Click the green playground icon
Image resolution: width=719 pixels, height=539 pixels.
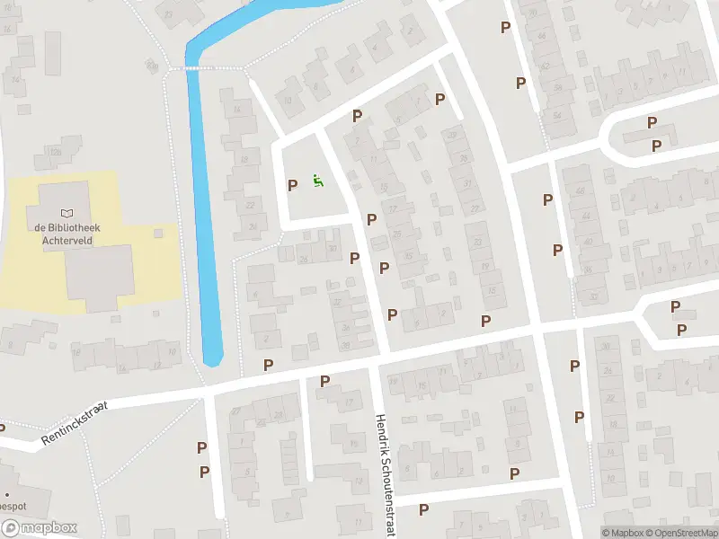click(316, 181)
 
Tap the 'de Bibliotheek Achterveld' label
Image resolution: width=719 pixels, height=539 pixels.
click(68, 234)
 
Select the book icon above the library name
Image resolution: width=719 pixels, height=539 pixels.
click(67, 212)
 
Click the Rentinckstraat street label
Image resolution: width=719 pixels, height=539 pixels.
click(74, 424)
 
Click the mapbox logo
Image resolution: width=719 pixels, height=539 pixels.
click(39, 528)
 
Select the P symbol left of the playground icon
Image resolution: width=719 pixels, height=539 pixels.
click(292, 185)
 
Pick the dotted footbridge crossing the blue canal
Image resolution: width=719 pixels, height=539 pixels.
click(214, 67)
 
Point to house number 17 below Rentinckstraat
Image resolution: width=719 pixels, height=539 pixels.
click(349, 402)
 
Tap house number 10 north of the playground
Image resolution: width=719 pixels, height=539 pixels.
click(288, 101)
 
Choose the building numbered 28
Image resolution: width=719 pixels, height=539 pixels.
click(278, 412)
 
